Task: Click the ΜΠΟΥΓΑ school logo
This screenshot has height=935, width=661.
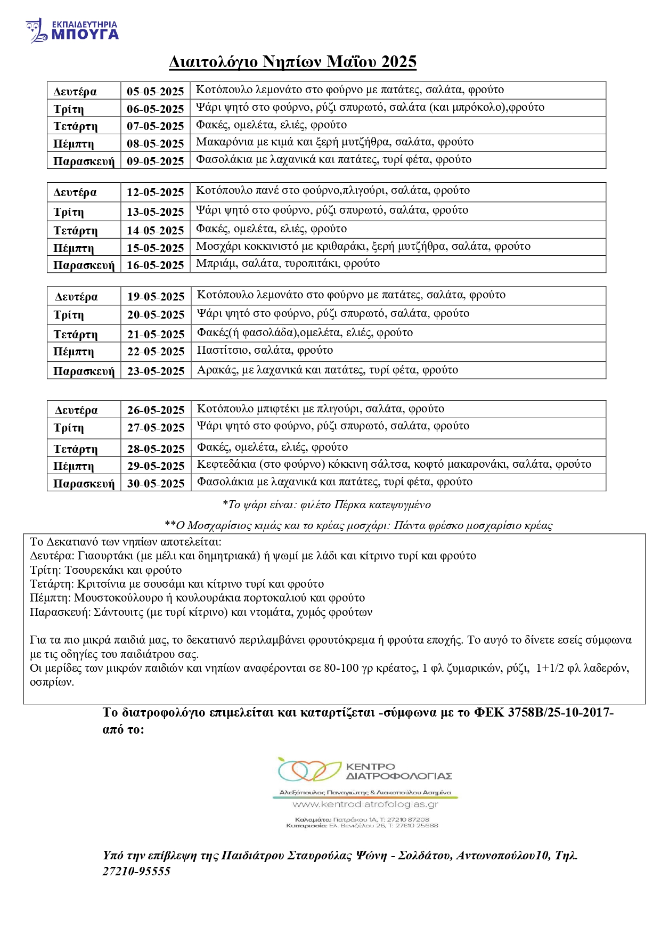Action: [x=72, y=31]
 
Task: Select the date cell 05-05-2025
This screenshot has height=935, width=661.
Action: [x=155, y=91]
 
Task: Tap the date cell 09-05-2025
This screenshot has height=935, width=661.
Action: [x=155, y=161]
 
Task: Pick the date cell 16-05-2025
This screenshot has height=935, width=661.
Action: [x=155, y=265]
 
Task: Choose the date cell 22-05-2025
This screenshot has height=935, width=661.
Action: [x=156, y=352]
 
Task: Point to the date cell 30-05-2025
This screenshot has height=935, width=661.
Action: [x=156, y=483]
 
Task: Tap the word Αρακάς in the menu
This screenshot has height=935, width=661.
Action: [x=217, y=370]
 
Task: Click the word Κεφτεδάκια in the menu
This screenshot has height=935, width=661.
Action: [x=226, y=464]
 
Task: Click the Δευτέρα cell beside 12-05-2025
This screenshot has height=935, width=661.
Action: [x=75, y=192]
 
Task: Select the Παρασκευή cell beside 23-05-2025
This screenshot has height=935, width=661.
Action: [x=84, y=371]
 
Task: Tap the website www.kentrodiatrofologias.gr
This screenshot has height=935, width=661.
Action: [x=365, y=804]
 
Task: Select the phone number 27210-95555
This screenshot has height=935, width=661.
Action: [x=136, y=871]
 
